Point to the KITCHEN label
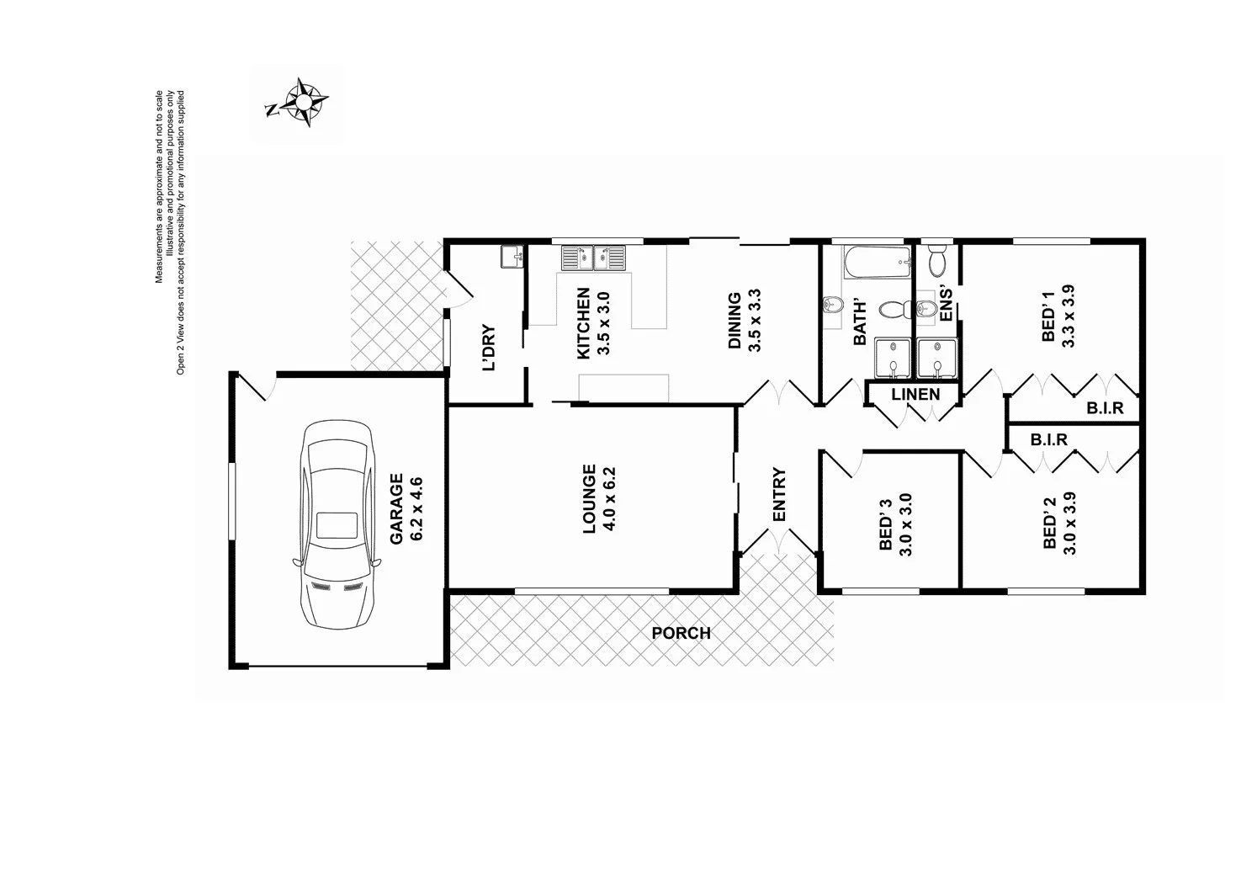[x=583, y=324]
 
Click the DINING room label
[x=735, y=320]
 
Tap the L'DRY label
[x=489, y=348]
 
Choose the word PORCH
[x=681, y=633]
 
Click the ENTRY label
[x=779, y=495]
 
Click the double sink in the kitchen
[x=596, y=258]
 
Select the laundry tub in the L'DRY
[x=512, y=256]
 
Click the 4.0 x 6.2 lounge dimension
[x=611, y=498]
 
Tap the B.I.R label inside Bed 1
[x=1105, y=408]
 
